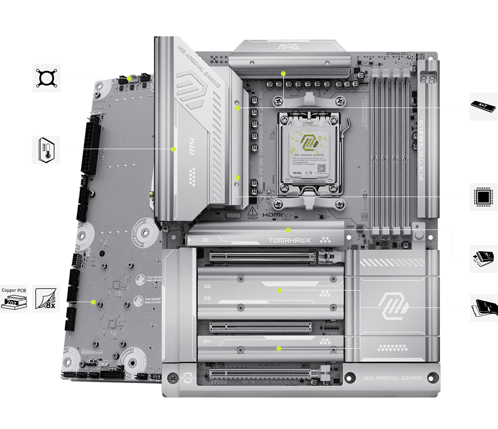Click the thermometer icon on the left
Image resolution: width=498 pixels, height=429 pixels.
(46, 150)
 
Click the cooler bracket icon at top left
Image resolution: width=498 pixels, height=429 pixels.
(46, 77)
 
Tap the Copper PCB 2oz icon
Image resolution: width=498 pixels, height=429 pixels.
(14, 298)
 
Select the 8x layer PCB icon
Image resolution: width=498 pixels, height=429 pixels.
(46, 298)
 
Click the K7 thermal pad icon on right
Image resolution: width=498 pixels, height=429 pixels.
(483, 107)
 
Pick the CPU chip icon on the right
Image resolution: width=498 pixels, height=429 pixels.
(483, 197)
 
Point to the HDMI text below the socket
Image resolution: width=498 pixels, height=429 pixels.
(271, 214)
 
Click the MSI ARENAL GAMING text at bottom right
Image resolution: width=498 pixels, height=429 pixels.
(392, 378)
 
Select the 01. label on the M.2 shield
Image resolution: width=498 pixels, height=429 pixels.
(206, 240)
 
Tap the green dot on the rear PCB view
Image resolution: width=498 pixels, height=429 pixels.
(93, 302)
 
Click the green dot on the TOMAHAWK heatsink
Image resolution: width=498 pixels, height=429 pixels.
(288, 230)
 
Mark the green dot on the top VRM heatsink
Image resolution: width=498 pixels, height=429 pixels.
(283, 74)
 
